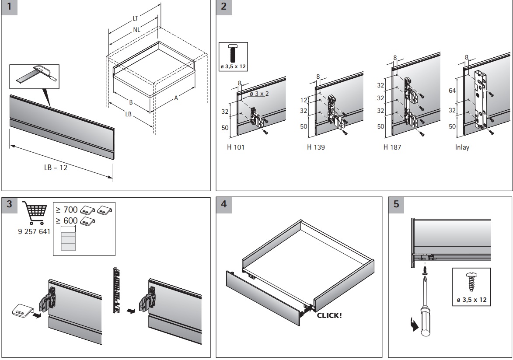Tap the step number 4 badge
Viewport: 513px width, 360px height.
[224, 204]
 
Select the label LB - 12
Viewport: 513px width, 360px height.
[56, 168]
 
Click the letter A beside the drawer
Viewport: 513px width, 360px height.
[176, 98]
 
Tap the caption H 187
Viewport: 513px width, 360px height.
[392, 147]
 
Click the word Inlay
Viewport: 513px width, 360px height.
[462, 147]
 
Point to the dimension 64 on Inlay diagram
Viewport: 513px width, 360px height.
[453, 91]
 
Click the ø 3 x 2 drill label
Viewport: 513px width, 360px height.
[259, 94]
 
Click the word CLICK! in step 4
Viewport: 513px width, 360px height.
[329, 315]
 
